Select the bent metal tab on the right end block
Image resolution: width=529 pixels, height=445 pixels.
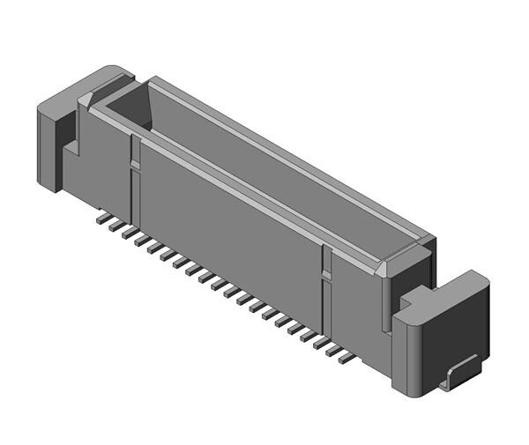click(459, 373)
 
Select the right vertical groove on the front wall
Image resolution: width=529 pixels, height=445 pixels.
click(326, 291)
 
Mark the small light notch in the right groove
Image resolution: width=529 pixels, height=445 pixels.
click(326, 276)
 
